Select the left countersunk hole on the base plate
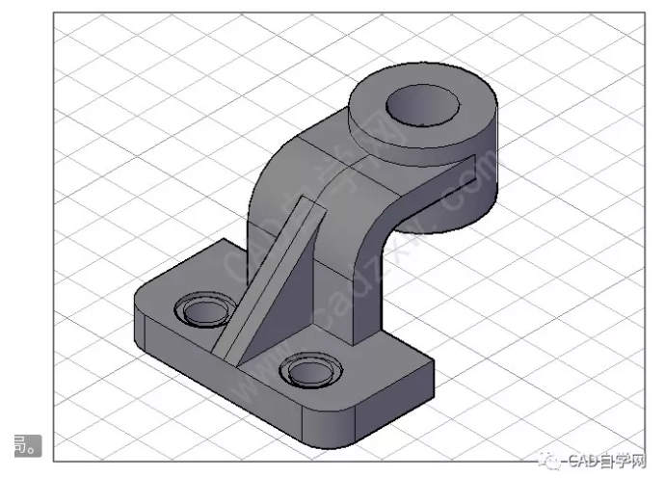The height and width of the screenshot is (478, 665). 201,311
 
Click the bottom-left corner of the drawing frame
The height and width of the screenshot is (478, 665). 52,462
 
